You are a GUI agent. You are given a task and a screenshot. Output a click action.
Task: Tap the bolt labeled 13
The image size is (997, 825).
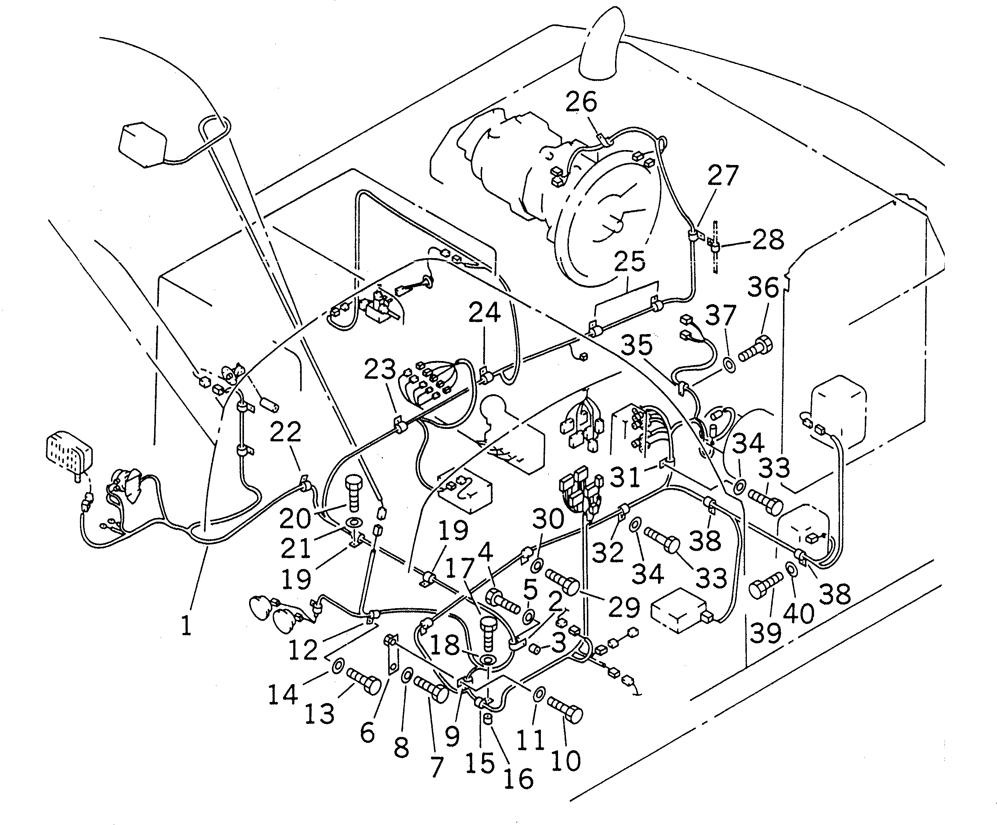click(364, 681)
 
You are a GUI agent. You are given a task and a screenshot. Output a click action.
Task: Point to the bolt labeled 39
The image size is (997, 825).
click(766, 588)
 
